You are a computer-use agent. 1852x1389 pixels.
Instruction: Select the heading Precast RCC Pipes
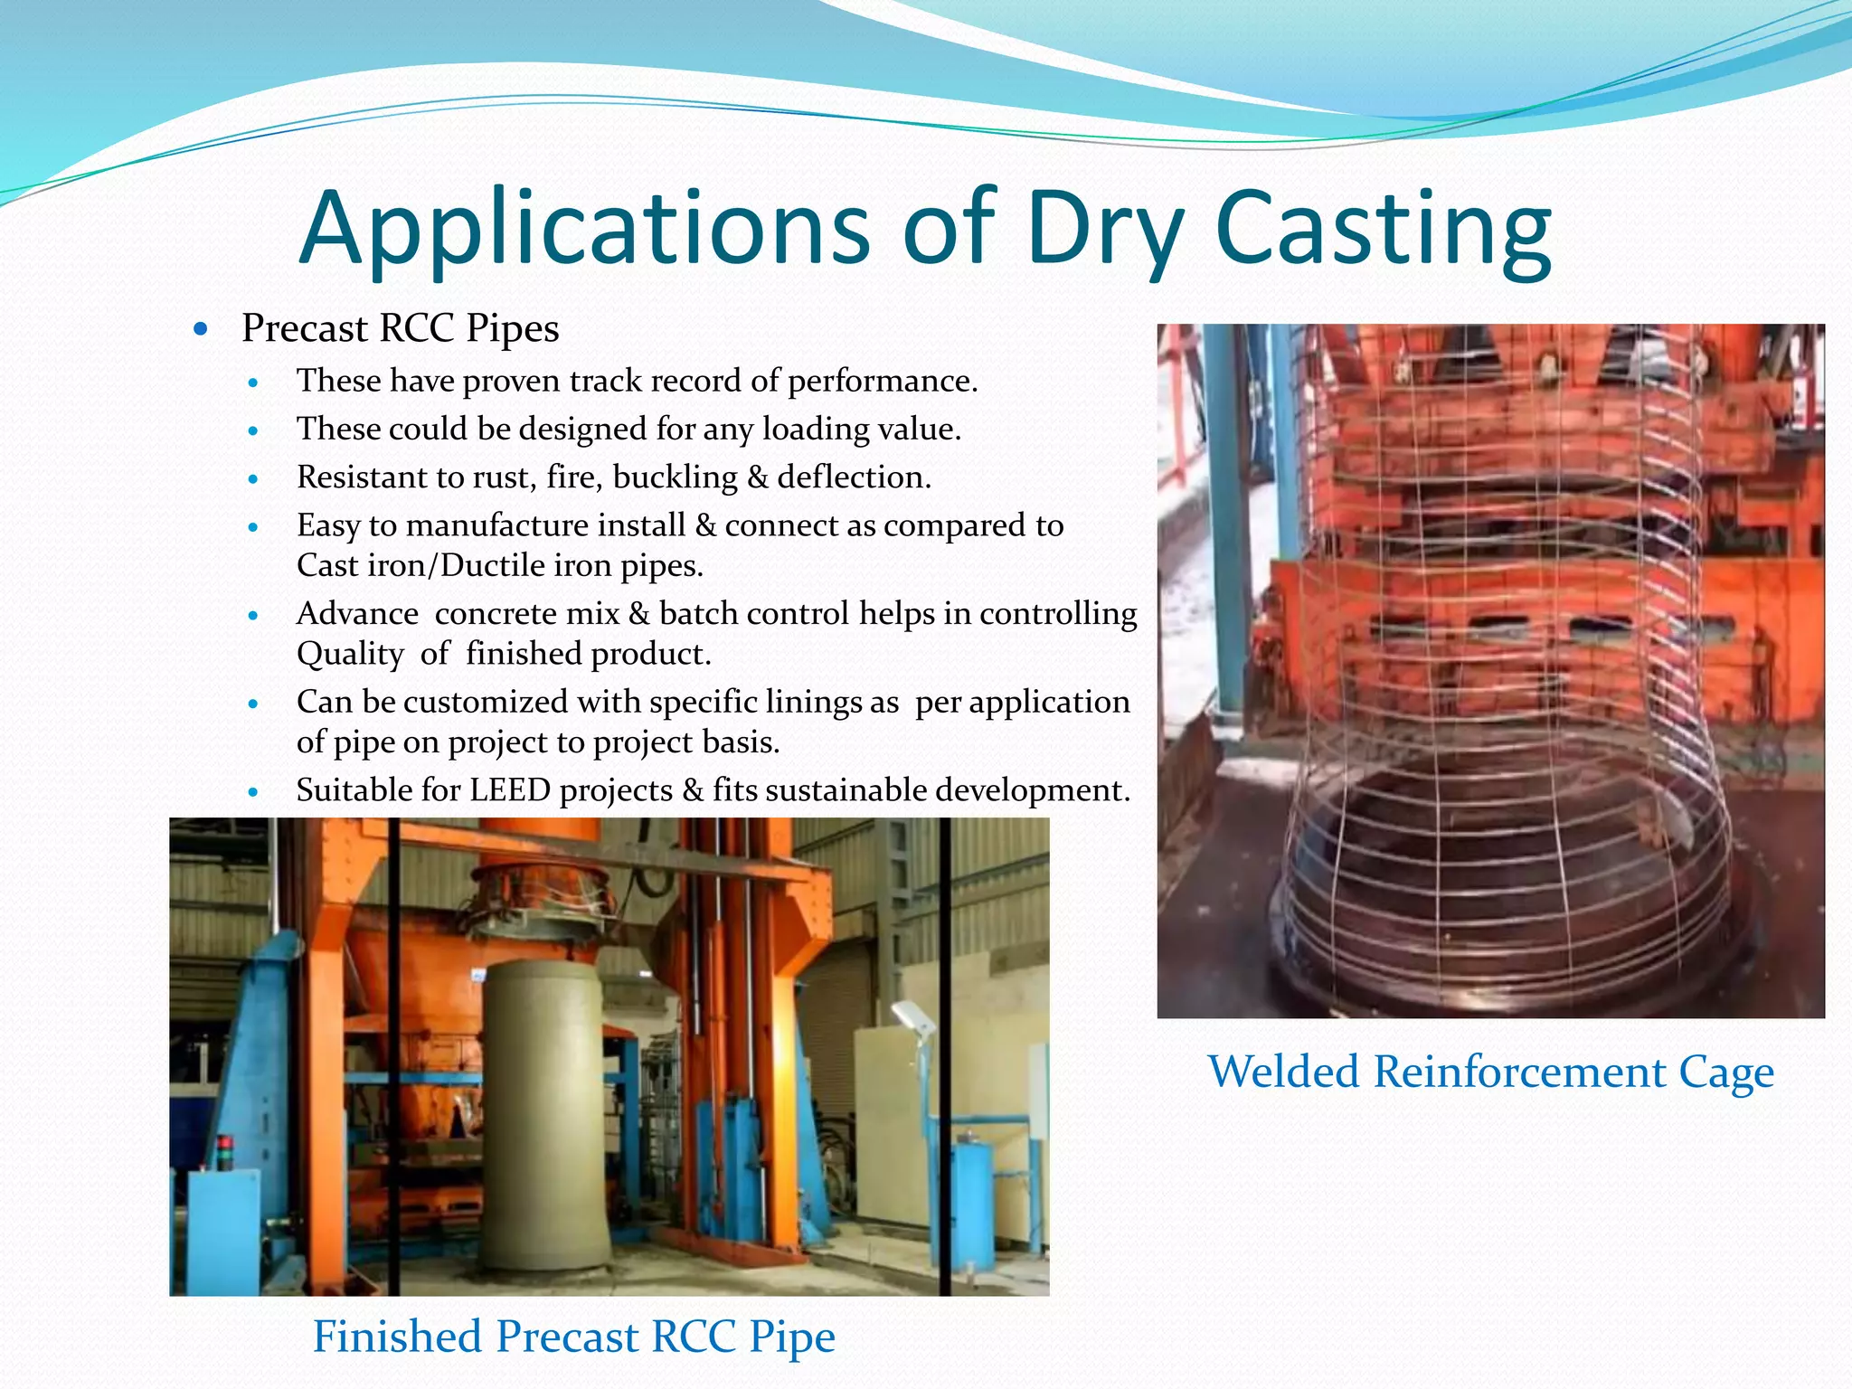pyautogui.click(x=400, y=328)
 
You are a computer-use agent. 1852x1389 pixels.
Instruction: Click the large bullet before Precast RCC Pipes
pyautogui.click(x=201, y=329)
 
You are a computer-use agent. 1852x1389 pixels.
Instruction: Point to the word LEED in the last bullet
pyautogui.click(x=510, y=790)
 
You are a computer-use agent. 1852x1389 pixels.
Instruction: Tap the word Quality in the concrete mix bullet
pyautogui.click(x=350, y=654)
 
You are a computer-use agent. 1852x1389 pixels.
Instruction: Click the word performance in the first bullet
pyautogui.click(x=882, y=381)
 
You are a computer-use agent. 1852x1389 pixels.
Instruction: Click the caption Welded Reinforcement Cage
pyautogui.click(x=1490, y=1072)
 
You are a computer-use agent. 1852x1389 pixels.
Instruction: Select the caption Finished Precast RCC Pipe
pyautogui.click(x=573, y=1337)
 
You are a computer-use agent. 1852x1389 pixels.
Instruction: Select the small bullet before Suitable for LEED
pyautogui.click(x=253, y=792)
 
